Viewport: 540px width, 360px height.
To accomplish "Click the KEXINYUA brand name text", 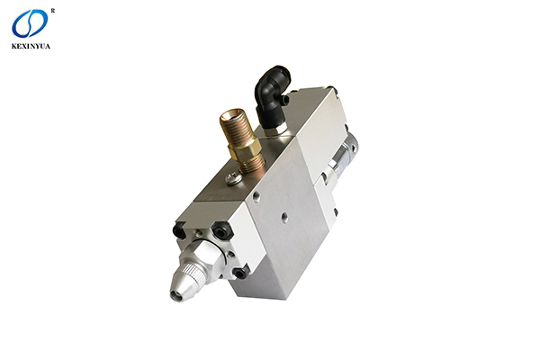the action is click(31, 46).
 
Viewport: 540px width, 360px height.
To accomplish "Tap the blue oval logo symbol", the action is click(30, 23).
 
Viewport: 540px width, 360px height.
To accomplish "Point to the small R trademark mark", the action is click(53, 11).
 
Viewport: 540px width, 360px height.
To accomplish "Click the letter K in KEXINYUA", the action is click(14, 46).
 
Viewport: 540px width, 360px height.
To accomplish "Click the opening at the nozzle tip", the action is click(175, 296).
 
